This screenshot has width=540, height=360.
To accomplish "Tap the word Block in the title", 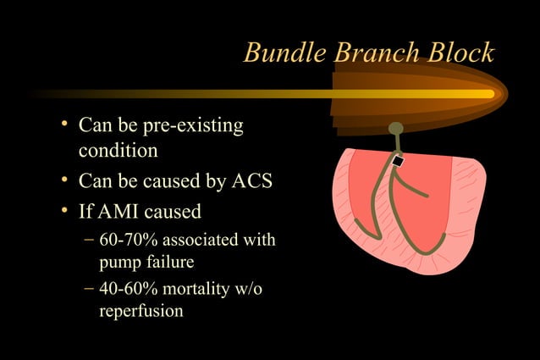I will pos(460,53).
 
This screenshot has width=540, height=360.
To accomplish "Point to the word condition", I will pos(118,152).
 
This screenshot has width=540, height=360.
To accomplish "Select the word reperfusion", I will pos(141,311).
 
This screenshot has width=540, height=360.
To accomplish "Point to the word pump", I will pos(121,262).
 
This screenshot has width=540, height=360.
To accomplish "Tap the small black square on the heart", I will pos(396,161).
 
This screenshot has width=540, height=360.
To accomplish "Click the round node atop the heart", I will pos(395,129).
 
